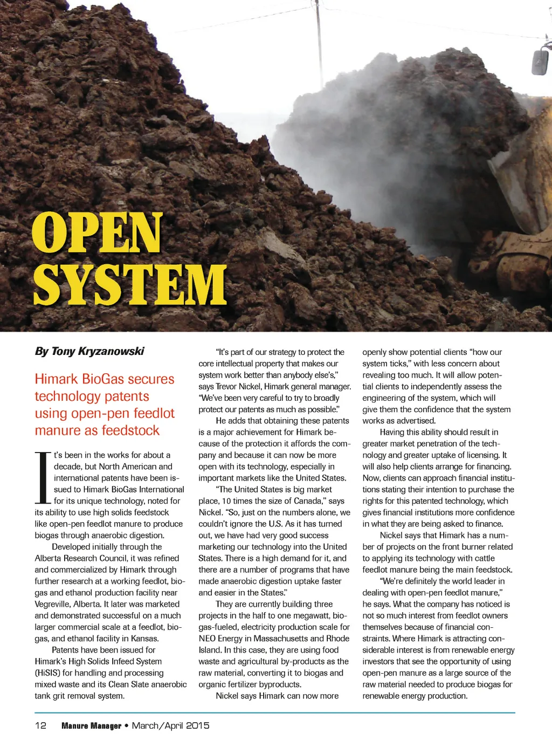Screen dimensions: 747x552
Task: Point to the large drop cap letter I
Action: [43, 477]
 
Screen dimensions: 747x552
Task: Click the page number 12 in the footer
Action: [40, 725]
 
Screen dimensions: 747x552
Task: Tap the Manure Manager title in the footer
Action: [91, 726]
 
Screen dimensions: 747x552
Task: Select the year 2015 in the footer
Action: [197, 725]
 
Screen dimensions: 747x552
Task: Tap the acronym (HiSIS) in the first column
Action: [47, 673]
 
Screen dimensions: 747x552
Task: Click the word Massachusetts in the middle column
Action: [277, 639]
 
